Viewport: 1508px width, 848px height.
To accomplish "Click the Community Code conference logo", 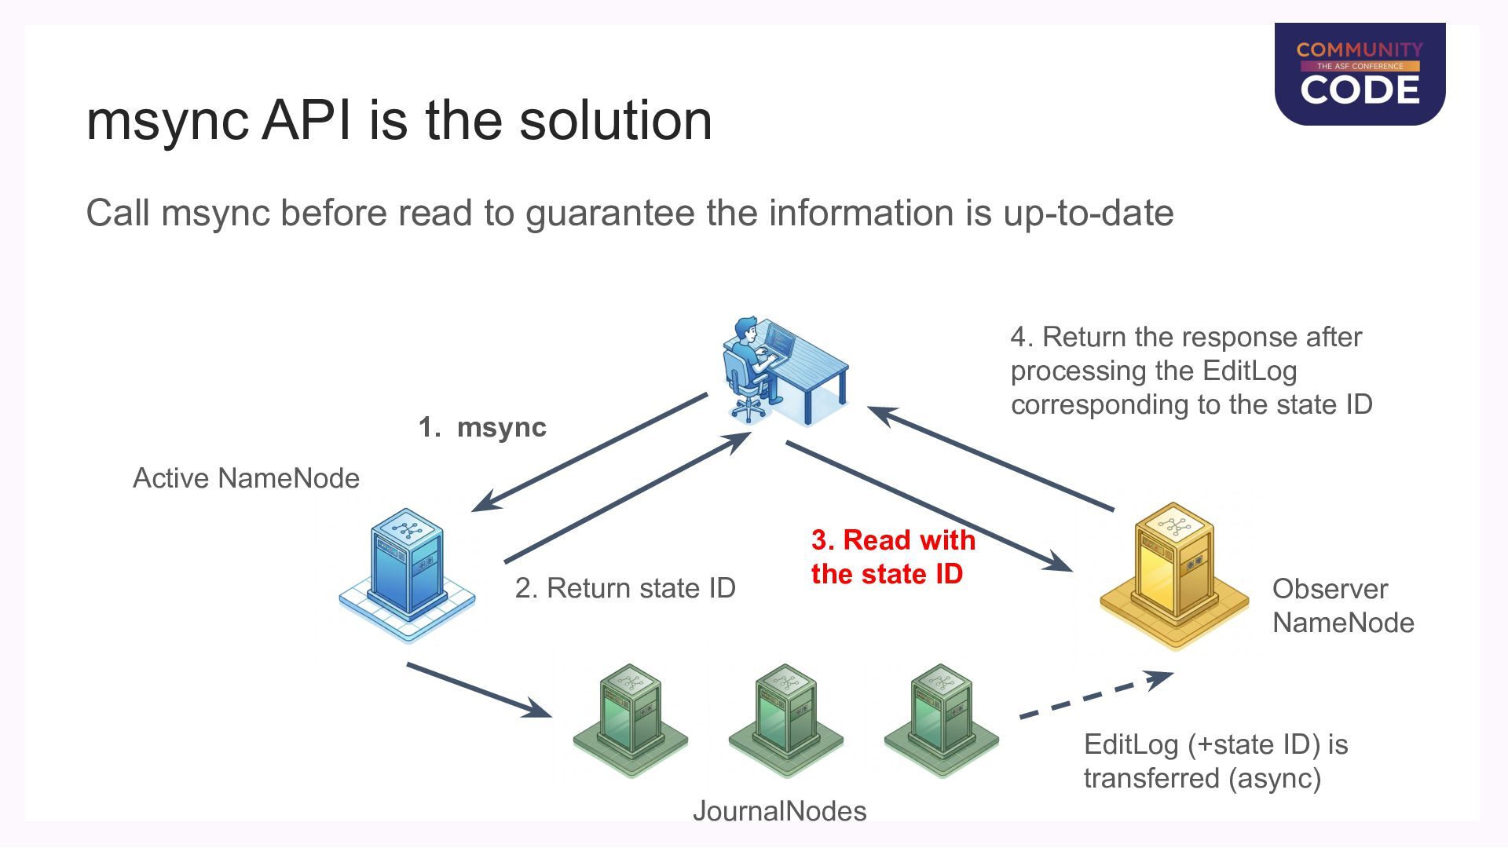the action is coord(1360,74).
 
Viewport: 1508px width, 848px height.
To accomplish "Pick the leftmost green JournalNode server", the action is coord(630,721).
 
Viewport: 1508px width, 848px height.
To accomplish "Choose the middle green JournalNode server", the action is coord(785,721).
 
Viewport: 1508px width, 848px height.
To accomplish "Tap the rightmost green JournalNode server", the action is coord(941,721).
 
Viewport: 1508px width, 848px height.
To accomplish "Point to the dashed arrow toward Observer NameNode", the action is coord(1096,695).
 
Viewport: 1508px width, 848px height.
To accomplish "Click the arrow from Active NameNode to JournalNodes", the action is coord(479,690).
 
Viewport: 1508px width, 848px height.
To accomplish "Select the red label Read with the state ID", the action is coord(893,557).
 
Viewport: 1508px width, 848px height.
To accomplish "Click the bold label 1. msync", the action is coord(482,427).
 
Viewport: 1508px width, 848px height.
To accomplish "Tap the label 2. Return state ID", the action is coord(625,588).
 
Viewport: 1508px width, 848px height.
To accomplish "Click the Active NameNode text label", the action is coord(246,478).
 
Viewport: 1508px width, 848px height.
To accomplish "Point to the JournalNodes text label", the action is coord(779,811).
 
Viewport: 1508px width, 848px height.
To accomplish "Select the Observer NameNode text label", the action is coord(1343,605).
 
